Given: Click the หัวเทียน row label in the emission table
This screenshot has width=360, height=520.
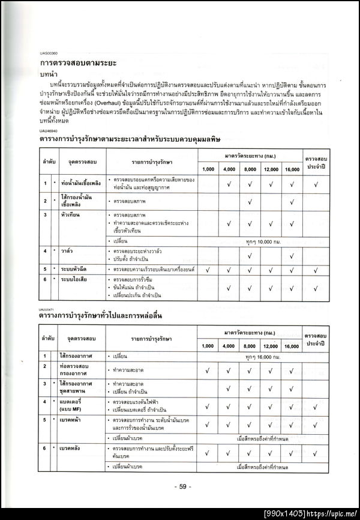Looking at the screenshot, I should tap(71, 214).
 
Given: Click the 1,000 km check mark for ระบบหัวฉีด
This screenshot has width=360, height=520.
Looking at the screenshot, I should tap(208, 270).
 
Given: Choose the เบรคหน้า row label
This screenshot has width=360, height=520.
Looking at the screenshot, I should tap(71, 420).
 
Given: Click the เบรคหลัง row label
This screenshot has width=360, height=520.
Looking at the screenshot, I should tap(71, 449).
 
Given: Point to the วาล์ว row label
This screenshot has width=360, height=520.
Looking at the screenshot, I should tap(67, 250).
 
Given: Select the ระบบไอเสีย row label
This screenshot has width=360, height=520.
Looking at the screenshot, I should tap(76, 280).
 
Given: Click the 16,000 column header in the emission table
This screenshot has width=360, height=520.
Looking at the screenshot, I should tap(292, 169).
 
